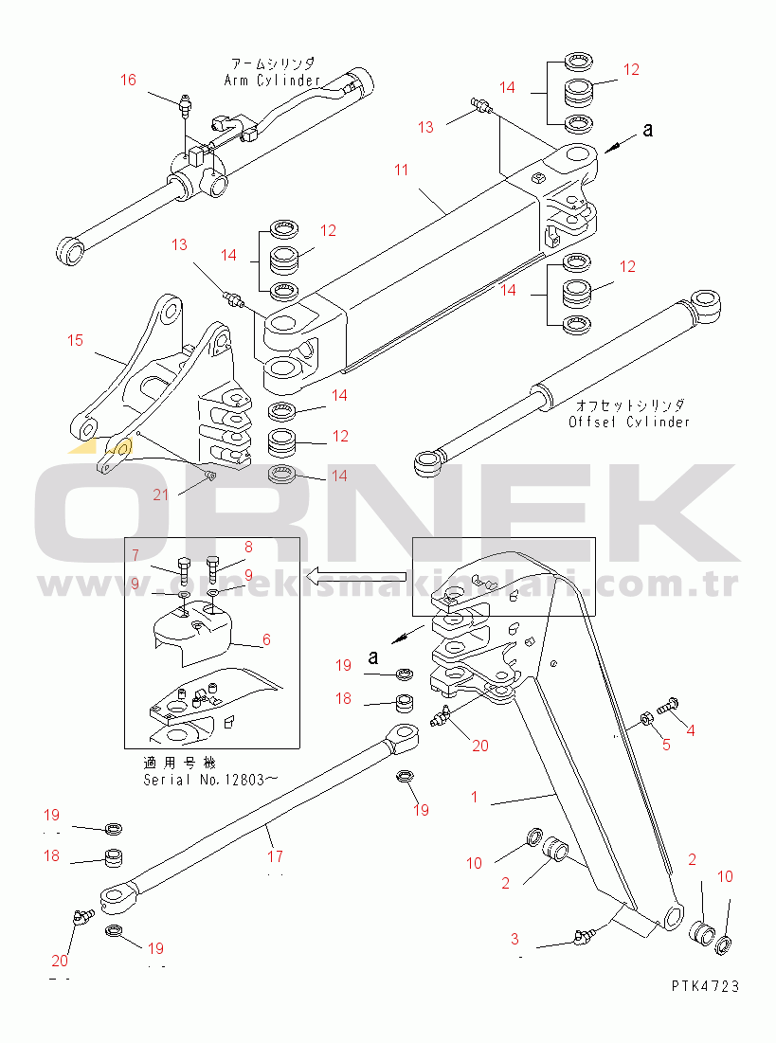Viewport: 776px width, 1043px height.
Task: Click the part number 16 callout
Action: tap(128, 81)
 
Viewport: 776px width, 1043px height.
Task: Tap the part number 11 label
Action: tap(402, 171)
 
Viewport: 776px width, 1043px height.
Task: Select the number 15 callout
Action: tap(76, 339)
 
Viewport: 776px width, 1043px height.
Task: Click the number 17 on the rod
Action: tap(275, 856)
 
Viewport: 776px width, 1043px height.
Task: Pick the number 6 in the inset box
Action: tap(266, 639)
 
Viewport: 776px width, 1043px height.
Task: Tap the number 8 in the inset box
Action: tap(248, 547)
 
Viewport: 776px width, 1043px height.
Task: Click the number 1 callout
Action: tap(475, 797)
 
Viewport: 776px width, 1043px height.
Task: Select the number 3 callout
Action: tap(514, 939)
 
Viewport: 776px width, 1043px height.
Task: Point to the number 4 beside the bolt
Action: tap(690, 730)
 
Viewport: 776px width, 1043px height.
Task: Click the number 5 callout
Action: tap(666, 745)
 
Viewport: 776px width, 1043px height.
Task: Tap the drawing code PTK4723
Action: tap(705, 986)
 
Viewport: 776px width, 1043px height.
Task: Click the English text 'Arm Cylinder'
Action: tap(272, 81)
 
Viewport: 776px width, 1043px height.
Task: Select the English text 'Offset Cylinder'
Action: tap(629, 422)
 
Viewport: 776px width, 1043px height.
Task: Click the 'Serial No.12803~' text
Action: tap(210, 780)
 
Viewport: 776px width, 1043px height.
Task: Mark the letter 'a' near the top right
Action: tap(648, 130)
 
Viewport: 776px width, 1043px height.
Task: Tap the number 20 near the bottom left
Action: tap(60, 960)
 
